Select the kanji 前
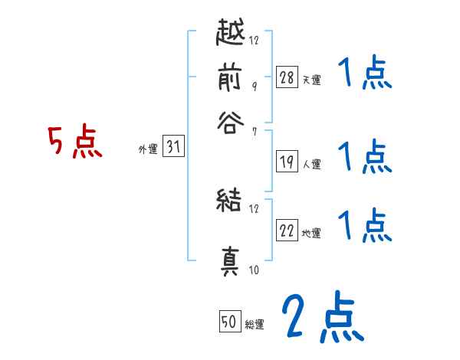[229, 78]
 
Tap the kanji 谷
[229, 123]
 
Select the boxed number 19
[287, 161]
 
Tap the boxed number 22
[287, 230]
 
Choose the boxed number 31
[173, 148]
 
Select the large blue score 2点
[321, 317]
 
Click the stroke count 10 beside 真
[254, 270]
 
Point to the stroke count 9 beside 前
[254, 86]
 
